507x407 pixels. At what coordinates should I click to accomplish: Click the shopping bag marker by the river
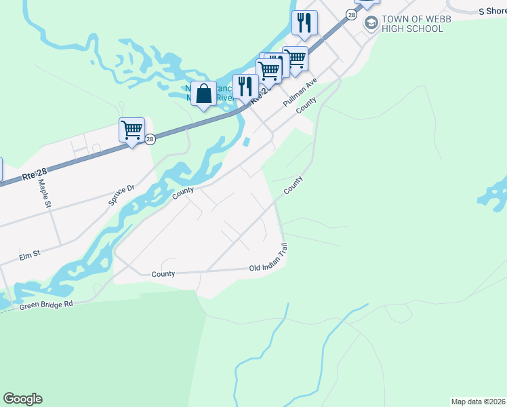203,94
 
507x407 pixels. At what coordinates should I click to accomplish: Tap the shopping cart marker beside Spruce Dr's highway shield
131,130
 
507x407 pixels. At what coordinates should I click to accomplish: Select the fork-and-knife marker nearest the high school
304,22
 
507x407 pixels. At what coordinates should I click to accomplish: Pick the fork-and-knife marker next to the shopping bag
245,86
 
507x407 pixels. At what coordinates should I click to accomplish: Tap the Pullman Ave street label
300,91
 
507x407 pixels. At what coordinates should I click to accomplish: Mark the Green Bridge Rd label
45,305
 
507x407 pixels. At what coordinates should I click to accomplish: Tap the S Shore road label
492,12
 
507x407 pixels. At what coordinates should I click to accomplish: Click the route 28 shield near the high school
350,14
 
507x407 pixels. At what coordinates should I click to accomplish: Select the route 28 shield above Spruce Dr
150,138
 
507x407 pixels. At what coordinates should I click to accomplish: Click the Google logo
22,399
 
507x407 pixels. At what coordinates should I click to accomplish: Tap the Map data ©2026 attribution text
479,402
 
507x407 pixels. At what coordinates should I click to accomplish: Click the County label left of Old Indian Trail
163,274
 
